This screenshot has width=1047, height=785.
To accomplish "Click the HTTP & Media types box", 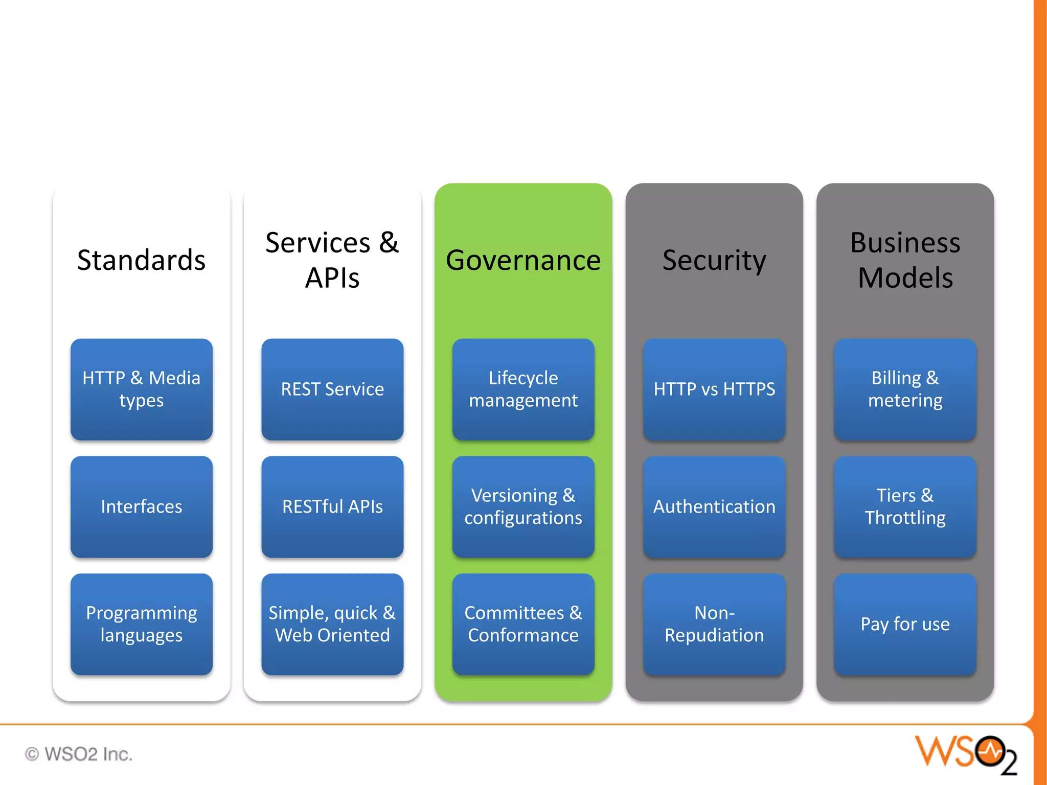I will [142, 389].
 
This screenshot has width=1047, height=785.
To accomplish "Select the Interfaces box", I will [142, 506].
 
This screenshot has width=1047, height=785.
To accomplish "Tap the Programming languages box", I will [142, 624].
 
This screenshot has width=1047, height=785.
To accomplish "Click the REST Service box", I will [332, 389].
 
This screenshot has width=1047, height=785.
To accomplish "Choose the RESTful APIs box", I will [332, 506].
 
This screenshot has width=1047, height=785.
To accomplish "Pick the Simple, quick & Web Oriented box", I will [332, 624].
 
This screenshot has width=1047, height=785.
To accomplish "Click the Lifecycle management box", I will [523, 389].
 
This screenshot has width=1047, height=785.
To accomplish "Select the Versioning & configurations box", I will [523, 506].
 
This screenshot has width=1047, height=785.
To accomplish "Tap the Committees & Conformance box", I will [523, 624].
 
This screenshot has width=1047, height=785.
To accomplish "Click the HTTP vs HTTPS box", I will [714, 389].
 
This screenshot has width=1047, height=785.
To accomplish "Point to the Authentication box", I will [714, 506].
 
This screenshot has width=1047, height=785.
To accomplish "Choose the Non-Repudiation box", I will [714, 624].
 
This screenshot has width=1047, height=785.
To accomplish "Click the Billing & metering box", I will [905, 389].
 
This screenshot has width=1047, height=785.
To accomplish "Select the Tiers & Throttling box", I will [905, 506].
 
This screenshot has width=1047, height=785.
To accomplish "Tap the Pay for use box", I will [905, 624].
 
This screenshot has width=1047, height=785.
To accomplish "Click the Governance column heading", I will [523, 260].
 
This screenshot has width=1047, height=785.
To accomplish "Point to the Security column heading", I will [714, 260].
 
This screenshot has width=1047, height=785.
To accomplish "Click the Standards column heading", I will [142, 260].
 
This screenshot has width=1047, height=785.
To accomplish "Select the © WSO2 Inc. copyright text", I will [79, 754].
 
